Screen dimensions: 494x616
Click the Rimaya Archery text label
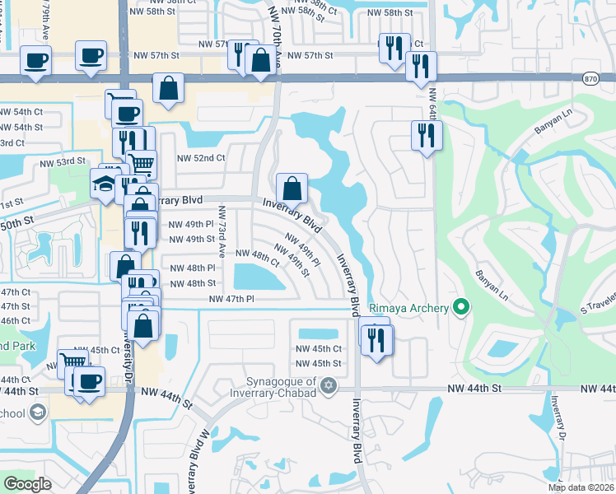(x=408, y=309)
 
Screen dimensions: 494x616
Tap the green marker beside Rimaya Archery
(x=461, y=309)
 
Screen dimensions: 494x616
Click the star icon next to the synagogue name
(x=329, y=385)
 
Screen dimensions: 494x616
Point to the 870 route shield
(x=589, y=77)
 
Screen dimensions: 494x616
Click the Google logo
(x=27, y=484)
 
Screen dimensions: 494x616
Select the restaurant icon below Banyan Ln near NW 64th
(x=426, y=135)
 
